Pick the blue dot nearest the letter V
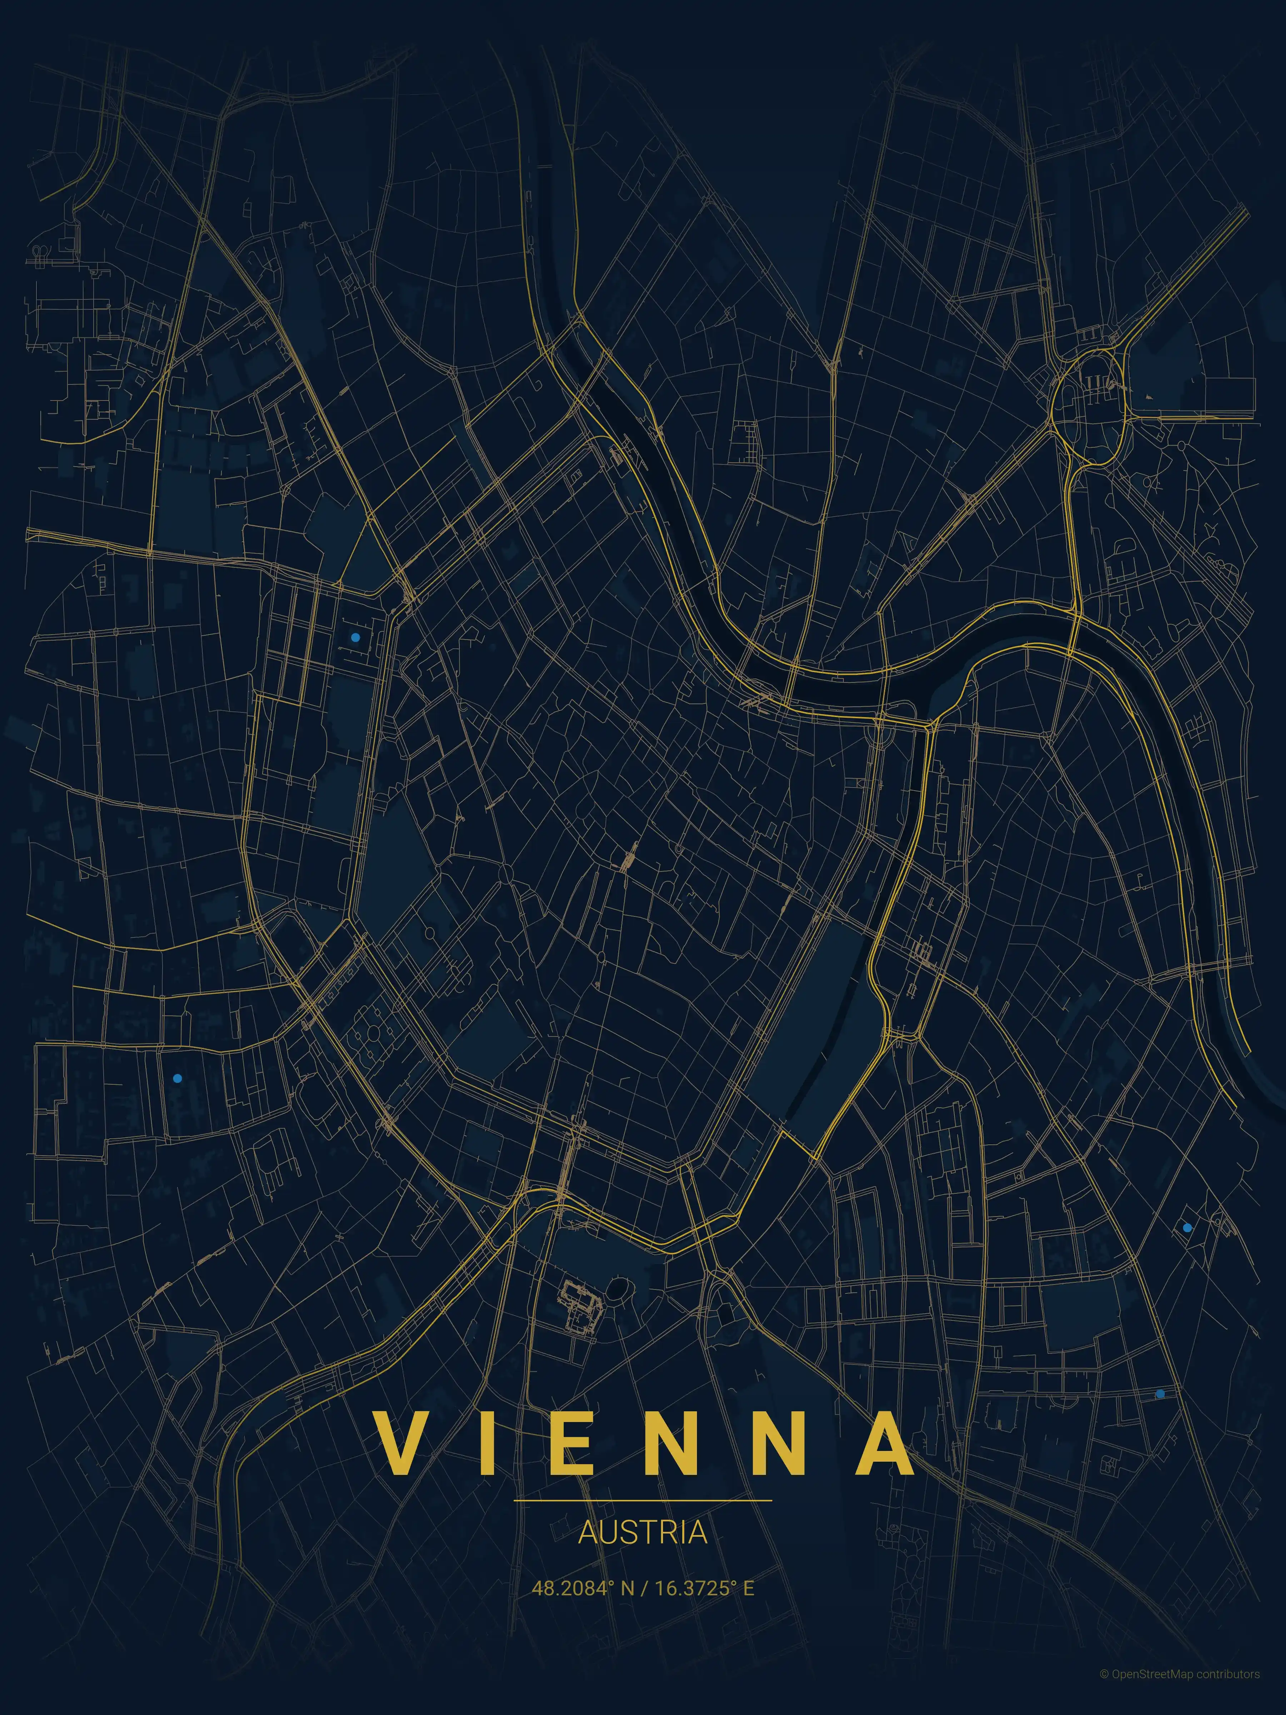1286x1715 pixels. pos(178,1078)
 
